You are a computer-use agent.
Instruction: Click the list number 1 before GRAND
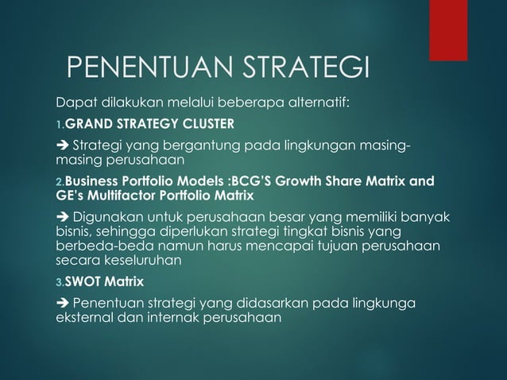click(59, 124)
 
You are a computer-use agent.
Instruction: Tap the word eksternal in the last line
click(85, 316)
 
